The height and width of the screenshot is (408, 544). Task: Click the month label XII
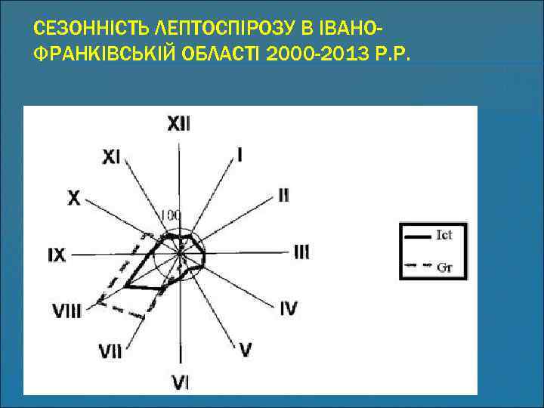pos(179,124)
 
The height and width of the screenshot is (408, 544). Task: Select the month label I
pos(240,155)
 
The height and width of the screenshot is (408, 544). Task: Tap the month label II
pos(283,195)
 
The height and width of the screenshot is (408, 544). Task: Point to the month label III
pos(301,252)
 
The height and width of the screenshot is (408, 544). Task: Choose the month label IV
pos(289,308)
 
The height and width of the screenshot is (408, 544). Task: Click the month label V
pos(246,349)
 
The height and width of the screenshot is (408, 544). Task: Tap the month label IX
pos(57,255)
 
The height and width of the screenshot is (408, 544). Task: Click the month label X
pos(74,198)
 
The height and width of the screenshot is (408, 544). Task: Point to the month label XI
pos(111,156)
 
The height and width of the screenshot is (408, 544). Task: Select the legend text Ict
pos(444,236)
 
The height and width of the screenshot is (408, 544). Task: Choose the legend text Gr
pos(444,266)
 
